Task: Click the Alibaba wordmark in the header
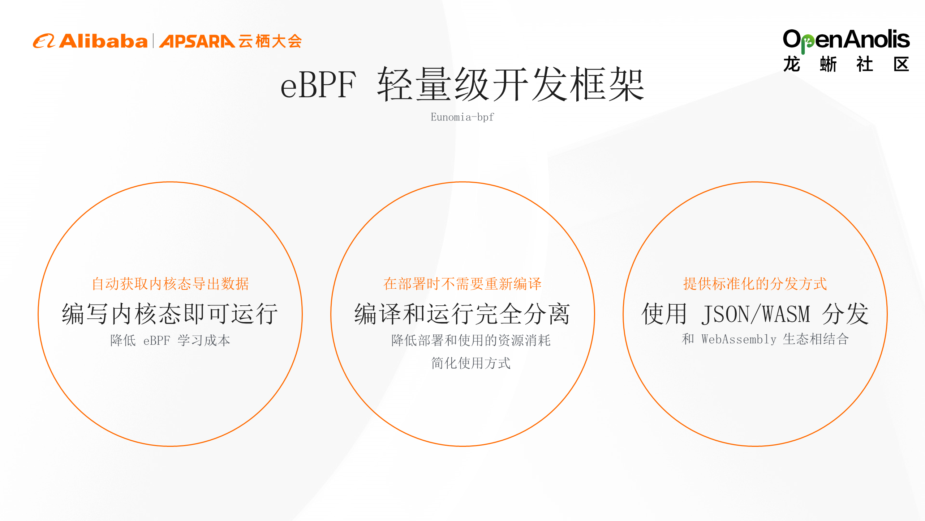[103, 41]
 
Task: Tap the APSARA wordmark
[197, 41]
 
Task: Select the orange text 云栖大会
[270, 41]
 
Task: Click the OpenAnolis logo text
[846, 40]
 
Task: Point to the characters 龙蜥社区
[846, 65]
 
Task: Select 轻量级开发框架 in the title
[511, 85]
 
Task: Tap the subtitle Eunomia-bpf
[462, 117]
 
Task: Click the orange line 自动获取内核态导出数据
[170, 284]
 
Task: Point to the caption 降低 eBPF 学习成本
[170, 340]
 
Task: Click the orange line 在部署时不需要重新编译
[462, 284]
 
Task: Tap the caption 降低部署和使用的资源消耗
[471, 340]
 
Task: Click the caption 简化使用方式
[471, 363]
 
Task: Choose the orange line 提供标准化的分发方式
[755, 284]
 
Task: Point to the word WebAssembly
[739, 339]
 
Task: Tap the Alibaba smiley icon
[44, 41]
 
